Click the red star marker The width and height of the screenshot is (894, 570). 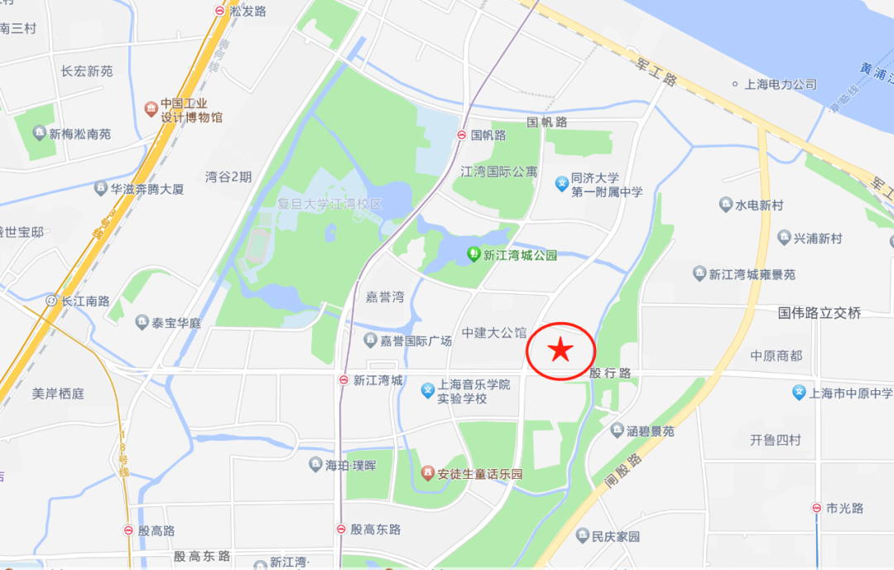[560, 350]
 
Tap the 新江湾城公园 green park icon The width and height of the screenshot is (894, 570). [474, 254]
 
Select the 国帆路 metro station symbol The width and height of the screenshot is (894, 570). [461, 135]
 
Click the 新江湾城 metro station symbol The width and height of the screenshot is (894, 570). [344, 380]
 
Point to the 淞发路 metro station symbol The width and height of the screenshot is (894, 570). [219, 11]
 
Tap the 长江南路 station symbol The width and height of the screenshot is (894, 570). [52, 301]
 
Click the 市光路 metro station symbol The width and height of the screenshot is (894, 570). [816, 508]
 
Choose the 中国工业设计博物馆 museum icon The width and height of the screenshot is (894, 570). [151, 109]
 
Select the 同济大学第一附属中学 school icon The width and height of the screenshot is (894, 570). [561, 183]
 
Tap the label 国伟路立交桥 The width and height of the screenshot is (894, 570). [819, 313]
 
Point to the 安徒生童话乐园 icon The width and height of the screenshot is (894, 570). [428, 474]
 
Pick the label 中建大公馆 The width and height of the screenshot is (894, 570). [494, 333]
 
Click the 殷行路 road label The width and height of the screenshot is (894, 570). [610, 374]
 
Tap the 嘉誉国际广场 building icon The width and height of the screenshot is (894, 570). [370, 340]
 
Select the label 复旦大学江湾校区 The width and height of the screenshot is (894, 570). [330, 204]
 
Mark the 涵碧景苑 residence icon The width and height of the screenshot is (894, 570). [617, 430]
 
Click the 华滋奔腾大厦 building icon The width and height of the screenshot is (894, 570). [101, 188]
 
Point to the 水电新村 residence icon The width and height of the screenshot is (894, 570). [726, 205]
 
